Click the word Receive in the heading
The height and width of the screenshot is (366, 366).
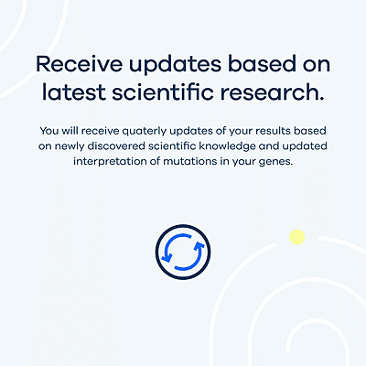[x=75, y=65]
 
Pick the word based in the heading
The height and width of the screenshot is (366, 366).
[x=249, y=65]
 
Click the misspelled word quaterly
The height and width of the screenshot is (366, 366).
[x=129, y=130]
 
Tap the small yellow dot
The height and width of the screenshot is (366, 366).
[x=296, y=238]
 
